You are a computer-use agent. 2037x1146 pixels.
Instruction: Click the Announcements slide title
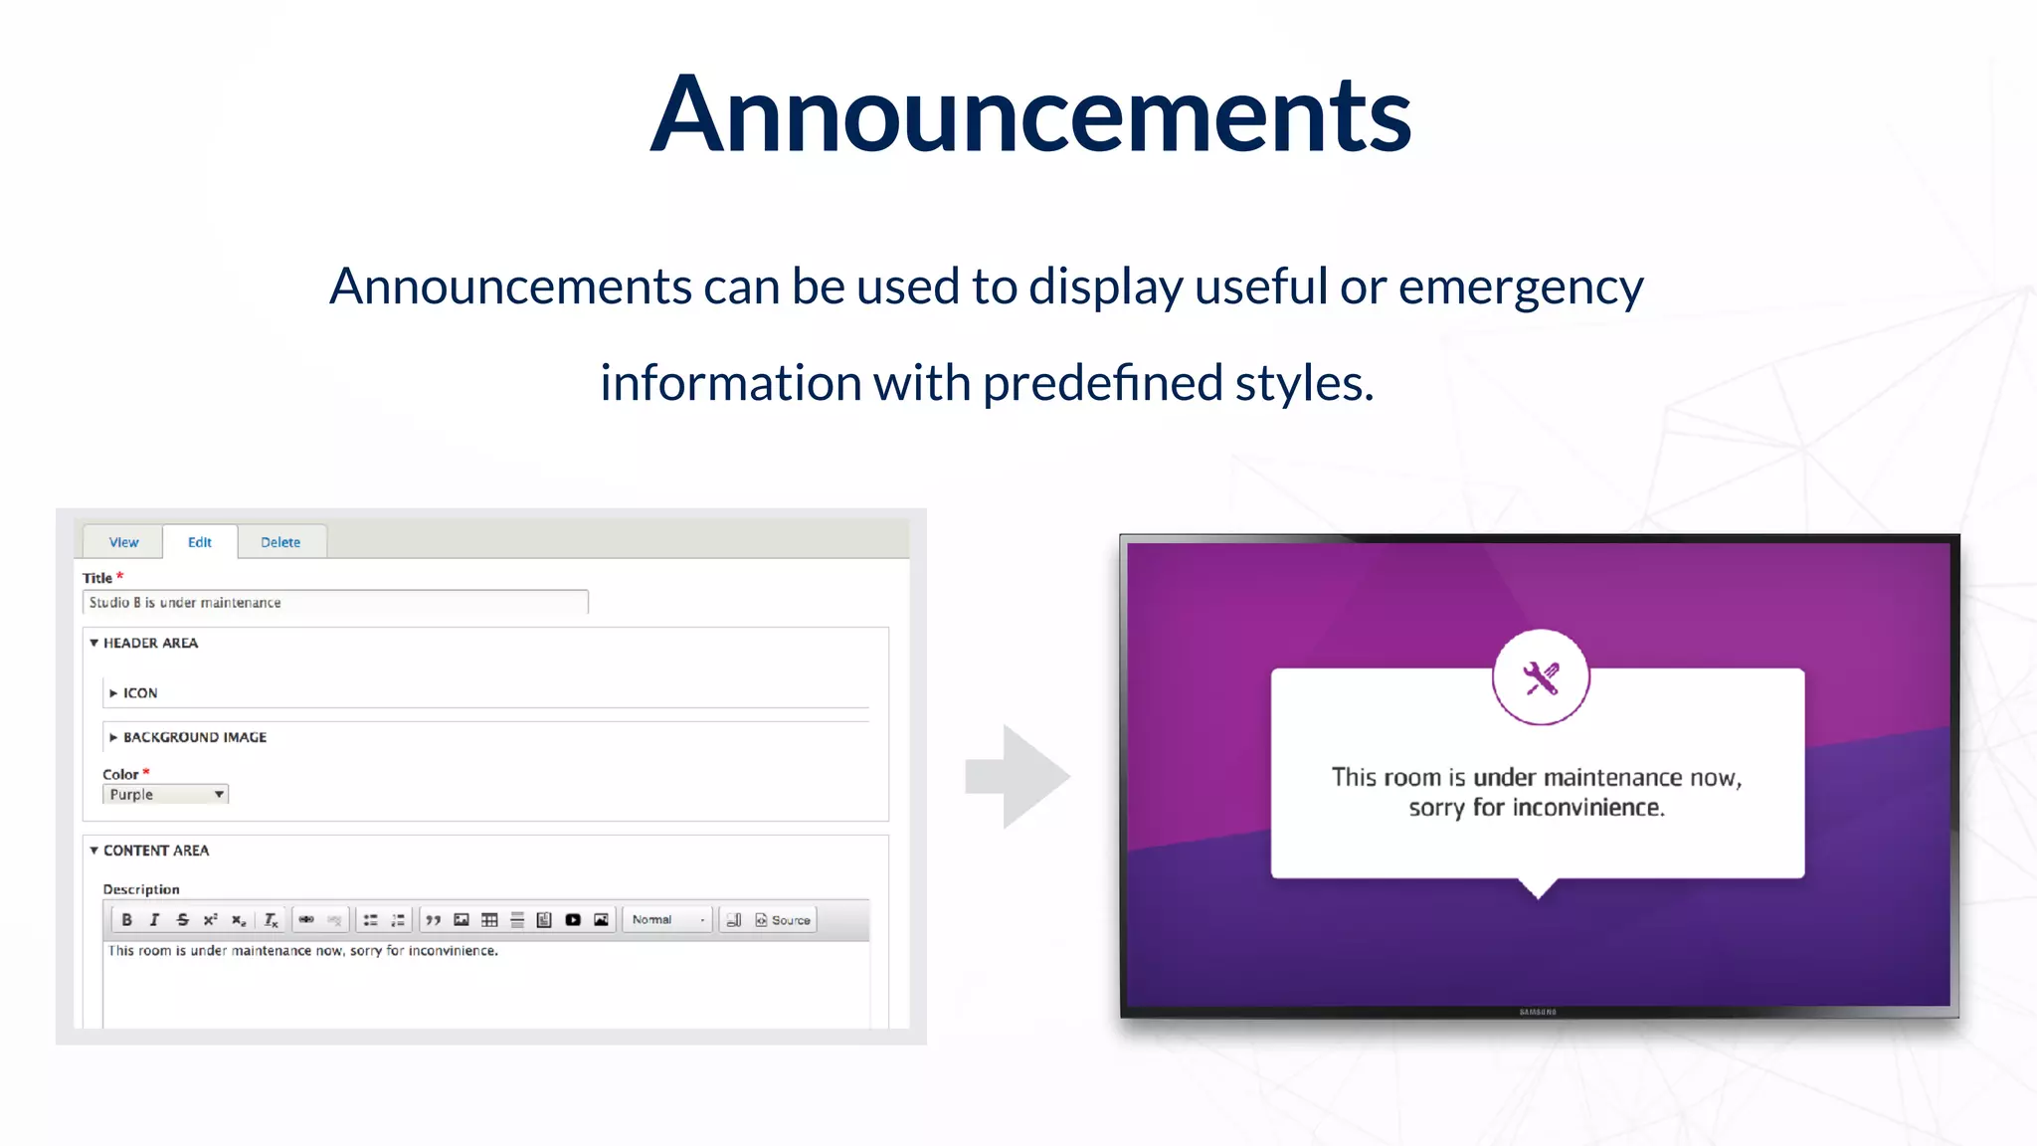pos(1030,114)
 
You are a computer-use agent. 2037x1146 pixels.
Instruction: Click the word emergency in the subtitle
pos(1521,287)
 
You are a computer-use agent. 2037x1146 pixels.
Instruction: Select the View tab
pos(123,542)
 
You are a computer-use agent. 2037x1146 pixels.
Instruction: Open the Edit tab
pos(200,542)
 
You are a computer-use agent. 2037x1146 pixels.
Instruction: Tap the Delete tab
pos(280,542)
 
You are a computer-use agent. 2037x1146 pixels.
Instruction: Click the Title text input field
pos(335,602)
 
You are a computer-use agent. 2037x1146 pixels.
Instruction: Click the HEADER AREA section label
pos(150,643)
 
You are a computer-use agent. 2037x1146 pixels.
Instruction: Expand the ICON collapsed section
pos(139,692)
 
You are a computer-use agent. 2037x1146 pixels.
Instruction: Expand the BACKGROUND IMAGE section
pos(194,737)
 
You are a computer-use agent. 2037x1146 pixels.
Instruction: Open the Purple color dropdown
pos(165,794)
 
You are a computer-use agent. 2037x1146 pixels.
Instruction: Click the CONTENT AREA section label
pos(155,851)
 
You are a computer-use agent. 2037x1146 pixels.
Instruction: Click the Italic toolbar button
pos(154,920)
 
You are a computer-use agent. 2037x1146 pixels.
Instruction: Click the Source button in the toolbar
pos(784,920)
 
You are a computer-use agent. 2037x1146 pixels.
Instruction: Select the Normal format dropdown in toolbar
pos(667,920)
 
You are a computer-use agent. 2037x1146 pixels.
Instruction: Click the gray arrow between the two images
pos(1019,776)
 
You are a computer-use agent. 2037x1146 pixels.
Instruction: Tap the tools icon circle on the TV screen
pos(1541,678)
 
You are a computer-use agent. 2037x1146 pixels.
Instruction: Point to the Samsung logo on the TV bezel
pos(1538,1012)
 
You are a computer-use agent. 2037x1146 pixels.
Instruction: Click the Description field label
pos(141,889)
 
